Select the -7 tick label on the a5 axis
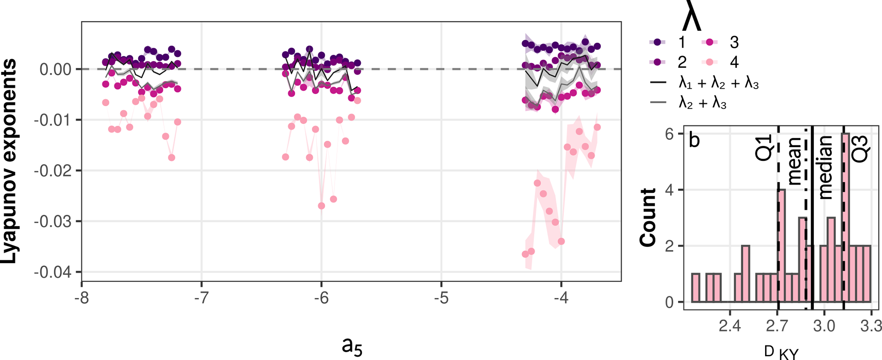pyautogui.click(x=201, y=298)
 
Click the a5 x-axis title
pyautogui.click(x=352, y=346)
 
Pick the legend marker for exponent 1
pyautogui.click(x=657, y=42)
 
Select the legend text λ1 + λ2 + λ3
pyautogui.click(x=719, y=83)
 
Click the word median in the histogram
pyautogui.click(x=826, y=167)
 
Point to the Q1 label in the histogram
pyautogui.click(x=763, y=148)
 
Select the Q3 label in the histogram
pyautogui.click(x=860, y=148)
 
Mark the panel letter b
pyautogui.click(x=694, y=140)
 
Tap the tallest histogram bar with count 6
pyautogui.click(x=845, y=218)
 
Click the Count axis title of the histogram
pyautogui.click(x=648, y=217)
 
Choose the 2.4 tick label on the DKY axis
pyautogui.click(x=729, y=327)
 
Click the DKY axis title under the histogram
pyautogui.click(x=781, y=352)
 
